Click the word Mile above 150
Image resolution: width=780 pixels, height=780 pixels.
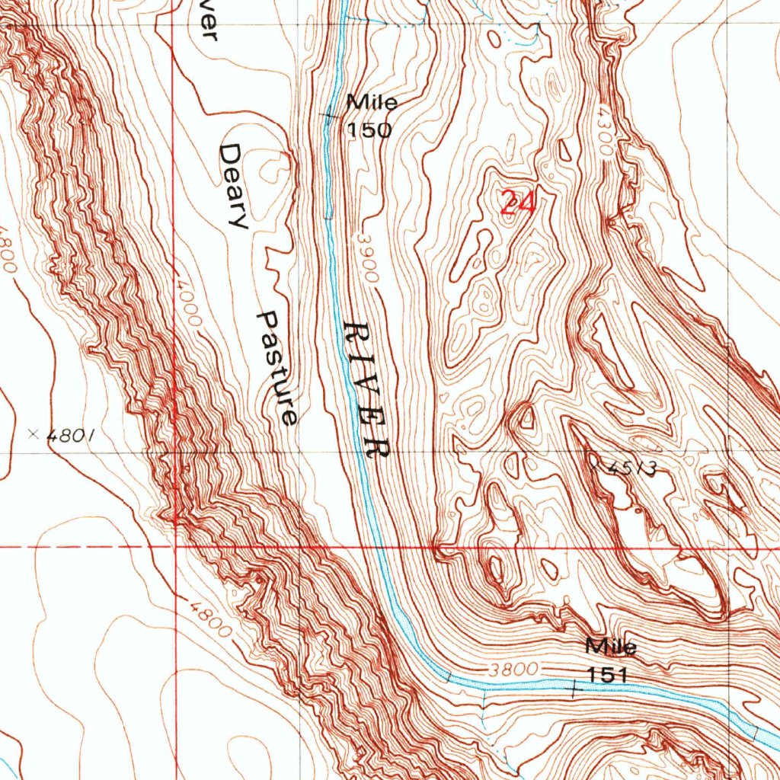coord(372,102)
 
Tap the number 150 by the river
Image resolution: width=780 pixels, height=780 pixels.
coord(370,130)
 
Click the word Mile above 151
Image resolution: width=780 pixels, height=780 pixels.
coord(611,647)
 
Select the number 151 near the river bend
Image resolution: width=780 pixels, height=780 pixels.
coord(606,675)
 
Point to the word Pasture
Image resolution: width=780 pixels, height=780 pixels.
coord(277,368)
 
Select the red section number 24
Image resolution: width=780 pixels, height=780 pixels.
coord(518,203)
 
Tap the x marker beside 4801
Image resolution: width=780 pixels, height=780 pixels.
coord(33,434)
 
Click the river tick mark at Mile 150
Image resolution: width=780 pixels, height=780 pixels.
coord(329,117)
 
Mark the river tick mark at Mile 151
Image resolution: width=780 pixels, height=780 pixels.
coord(573,687)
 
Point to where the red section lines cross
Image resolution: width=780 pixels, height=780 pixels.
coord(175,547)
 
